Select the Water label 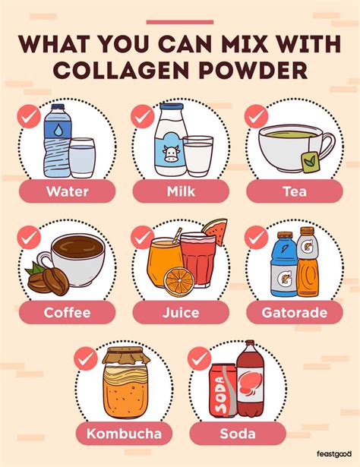tap(67, 191)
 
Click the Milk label tap(179, 191)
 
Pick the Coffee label tap(67, 312)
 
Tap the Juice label tap(180, 312)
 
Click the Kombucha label tap(123, 434)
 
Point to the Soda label tap(237, 434)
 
